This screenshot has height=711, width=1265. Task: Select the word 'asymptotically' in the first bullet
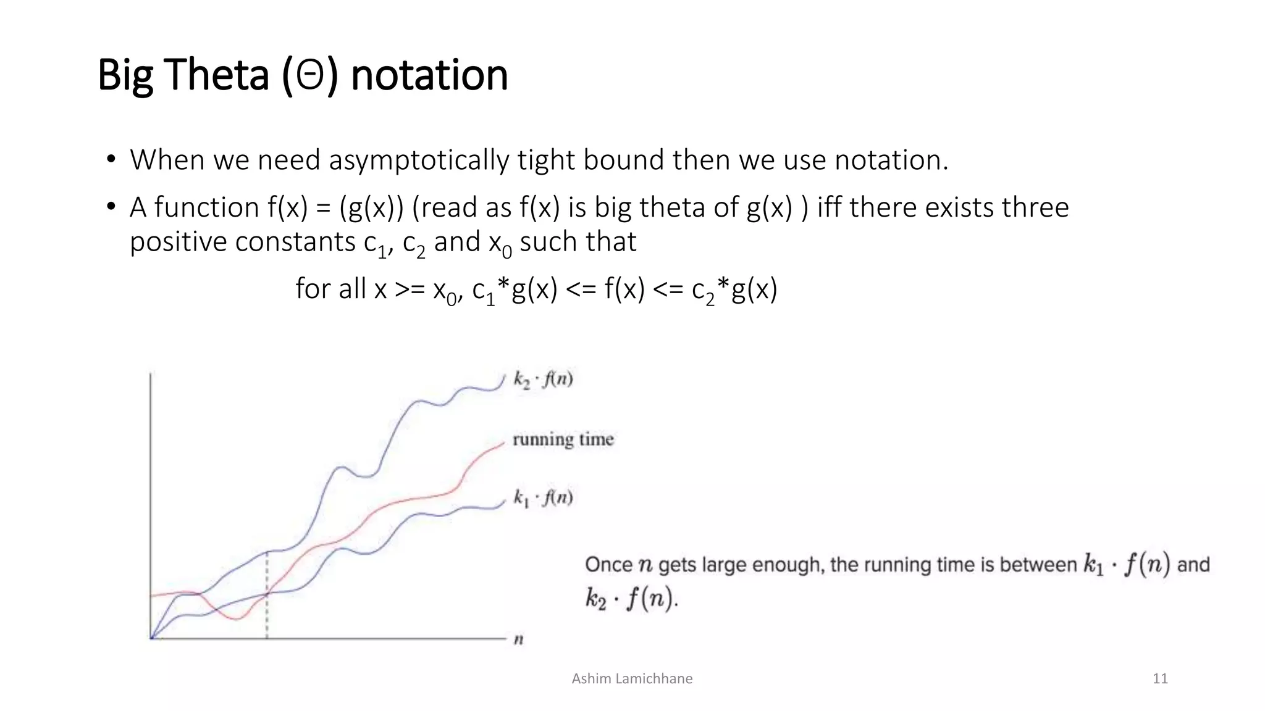[419, 160]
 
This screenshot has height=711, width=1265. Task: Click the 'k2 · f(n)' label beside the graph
[543, 379]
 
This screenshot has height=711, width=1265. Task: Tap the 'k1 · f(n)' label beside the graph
[543, 497]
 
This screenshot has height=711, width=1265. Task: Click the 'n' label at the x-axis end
[519, 639]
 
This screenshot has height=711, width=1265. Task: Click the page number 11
[1160, 679]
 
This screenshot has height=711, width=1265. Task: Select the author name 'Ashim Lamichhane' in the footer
[632, 679]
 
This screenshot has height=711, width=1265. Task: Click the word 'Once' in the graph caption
[608, 565]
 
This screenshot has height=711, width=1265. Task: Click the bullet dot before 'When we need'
[111, 160]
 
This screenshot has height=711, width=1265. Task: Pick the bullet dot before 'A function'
[111, 207]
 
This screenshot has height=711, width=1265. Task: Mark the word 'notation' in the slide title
[429, 75]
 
